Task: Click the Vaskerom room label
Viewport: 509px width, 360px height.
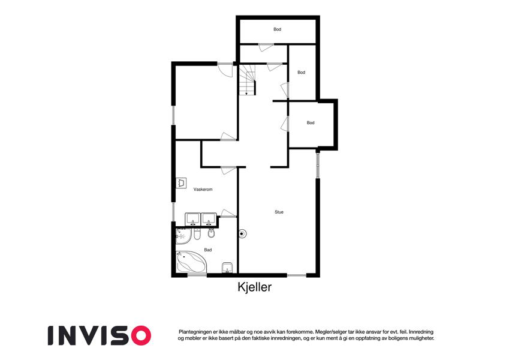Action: [x=203, y=189]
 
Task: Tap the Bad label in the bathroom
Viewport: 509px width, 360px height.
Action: [x=208, y=250]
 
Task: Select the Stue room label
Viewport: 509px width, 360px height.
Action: [x=279, y=212]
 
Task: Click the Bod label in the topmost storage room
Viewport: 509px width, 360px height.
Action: [x=277, y=29]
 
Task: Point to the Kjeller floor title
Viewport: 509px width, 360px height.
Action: [x=254, y=287]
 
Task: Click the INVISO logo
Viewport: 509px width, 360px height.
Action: [x=100, y=335]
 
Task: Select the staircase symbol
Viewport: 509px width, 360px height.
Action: [x=248, y=80]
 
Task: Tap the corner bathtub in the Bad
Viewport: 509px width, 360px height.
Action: [x=191, y=262]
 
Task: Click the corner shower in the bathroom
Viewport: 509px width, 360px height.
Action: [x=183, y=236]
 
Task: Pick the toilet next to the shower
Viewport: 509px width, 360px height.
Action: [x=197, y=234]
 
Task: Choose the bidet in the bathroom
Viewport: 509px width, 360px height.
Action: [x=211, y=233]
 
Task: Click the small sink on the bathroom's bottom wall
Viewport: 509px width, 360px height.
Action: [x=227, y=268]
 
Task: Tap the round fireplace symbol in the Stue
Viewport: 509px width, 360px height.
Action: [x=242, y=233]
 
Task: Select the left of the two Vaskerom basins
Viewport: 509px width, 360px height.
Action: [x=193, y=220]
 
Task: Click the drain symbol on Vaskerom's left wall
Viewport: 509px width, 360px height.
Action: [x=181, y=183]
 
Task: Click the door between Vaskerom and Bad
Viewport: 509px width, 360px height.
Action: [x=228, y=213]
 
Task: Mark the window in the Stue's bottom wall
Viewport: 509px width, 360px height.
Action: [x=297, y=275]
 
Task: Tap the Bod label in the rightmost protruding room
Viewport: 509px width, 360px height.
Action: [x=311, y=123]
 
